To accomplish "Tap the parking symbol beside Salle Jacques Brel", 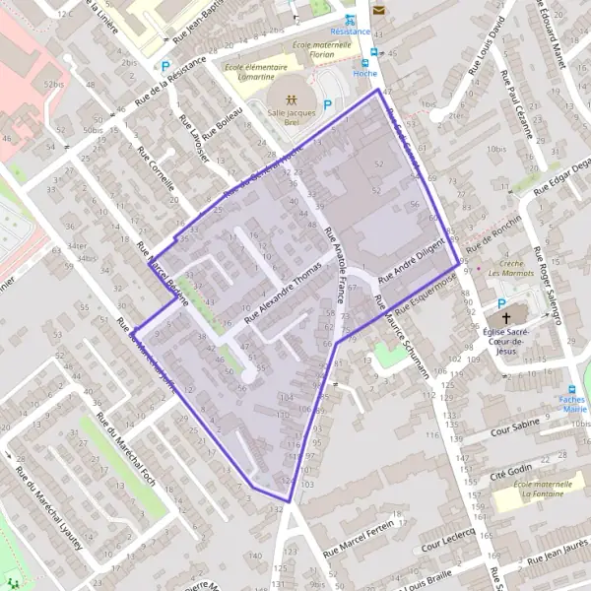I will click(328, 103).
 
